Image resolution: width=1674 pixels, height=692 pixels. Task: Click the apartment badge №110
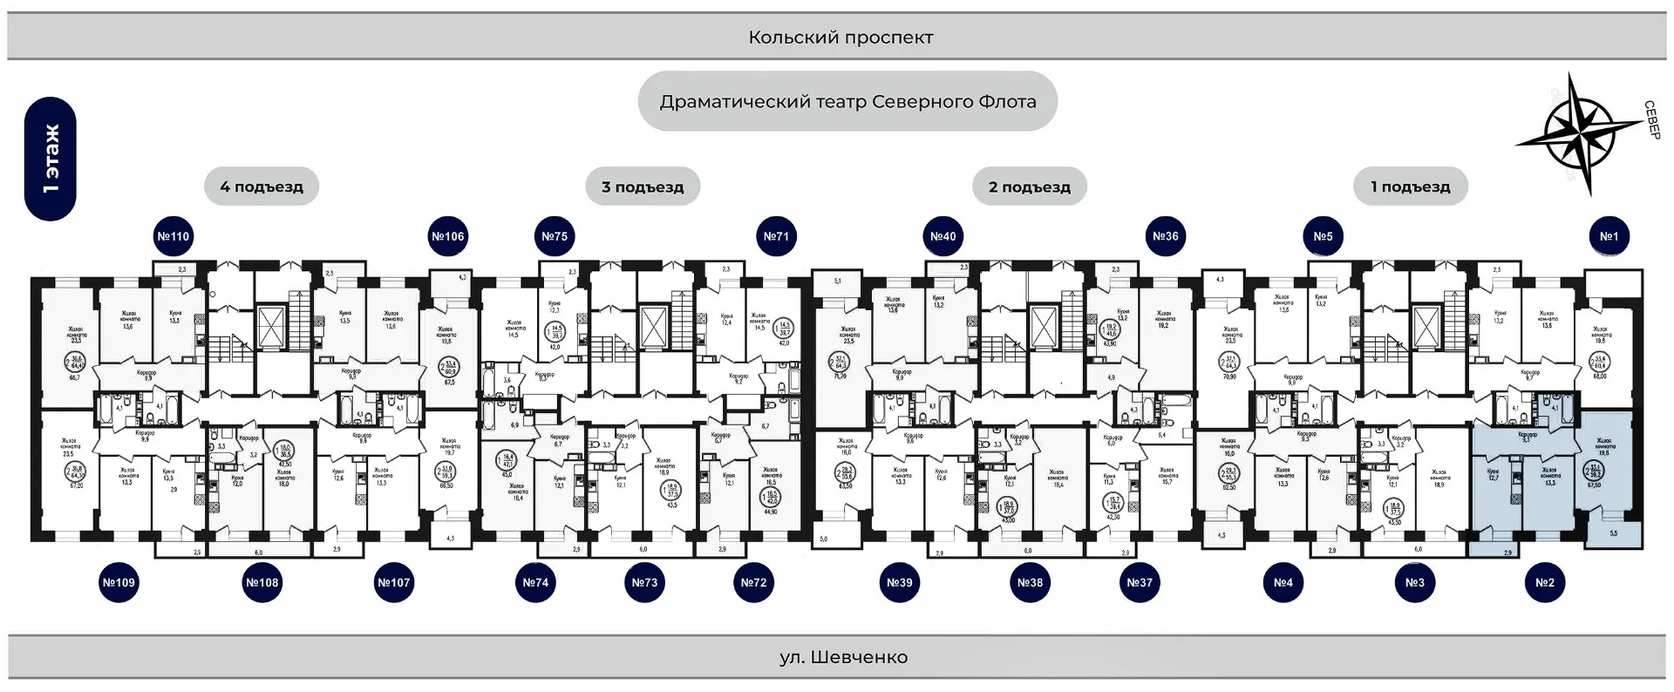click(173, 236)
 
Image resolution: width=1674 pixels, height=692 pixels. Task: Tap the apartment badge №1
click(1609, 236)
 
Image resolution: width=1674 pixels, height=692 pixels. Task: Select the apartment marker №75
click(555, 236)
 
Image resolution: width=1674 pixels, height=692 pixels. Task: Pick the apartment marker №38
click(1030, 582)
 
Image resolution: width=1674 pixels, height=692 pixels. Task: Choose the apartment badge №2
click(1544, 582)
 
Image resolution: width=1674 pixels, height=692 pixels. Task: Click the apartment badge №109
click(119, 582)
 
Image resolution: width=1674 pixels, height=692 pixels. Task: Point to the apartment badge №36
click(1166, 236)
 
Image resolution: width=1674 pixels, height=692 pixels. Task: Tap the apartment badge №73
click(644, 582)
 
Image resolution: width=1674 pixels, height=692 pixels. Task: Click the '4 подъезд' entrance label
click(262, 187)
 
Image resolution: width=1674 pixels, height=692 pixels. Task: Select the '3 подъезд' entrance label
click(643, 187)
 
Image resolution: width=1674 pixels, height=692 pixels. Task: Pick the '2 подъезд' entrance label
click(1030, 187)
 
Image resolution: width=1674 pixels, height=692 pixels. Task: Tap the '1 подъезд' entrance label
click(1411, 187)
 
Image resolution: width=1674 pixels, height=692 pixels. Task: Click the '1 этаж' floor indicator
click(51, 159)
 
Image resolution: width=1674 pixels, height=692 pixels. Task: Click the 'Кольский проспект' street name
click(840, 37)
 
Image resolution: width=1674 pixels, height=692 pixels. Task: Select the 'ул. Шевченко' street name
click(843, 657)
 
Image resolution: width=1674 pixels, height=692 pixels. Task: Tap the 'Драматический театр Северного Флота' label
click(847, 102)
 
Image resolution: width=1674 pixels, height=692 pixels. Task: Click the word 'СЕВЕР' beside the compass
click(1651, 120)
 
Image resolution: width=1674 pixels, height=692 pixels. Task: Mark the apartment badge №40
click(942, 236)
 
